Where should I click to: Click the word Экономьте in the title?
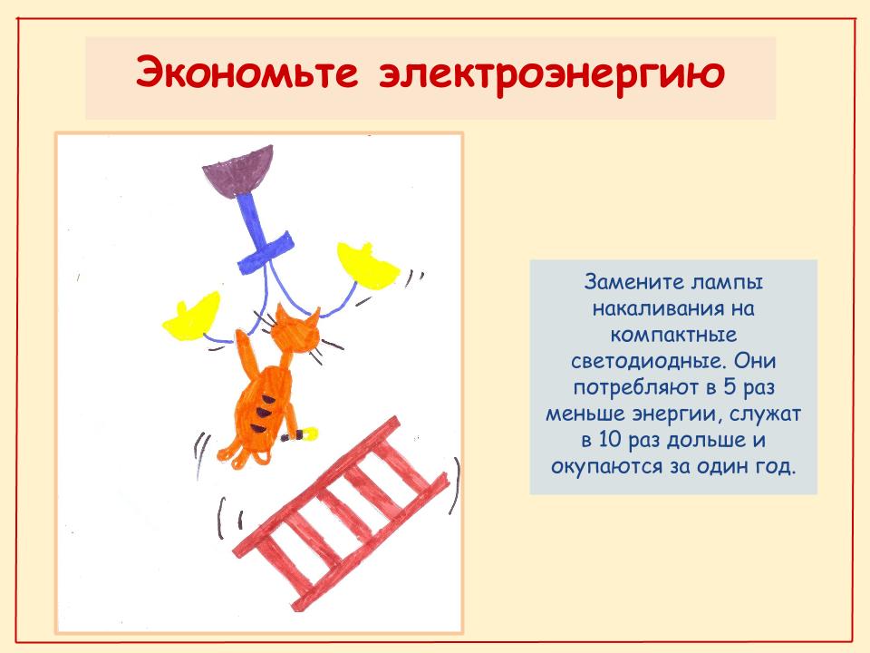pos(246,73)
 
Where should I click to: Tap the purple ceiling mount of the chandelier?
pos(239,171)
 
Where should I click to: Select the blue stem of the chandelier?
pos(261,233)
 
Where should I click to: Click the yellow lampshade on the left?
pos(191,317)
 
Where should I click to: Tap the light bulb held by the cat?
pos(304,434)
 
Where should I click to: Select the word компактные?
pos(673,335)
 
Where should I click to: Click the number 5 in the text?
pos(729,387)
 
